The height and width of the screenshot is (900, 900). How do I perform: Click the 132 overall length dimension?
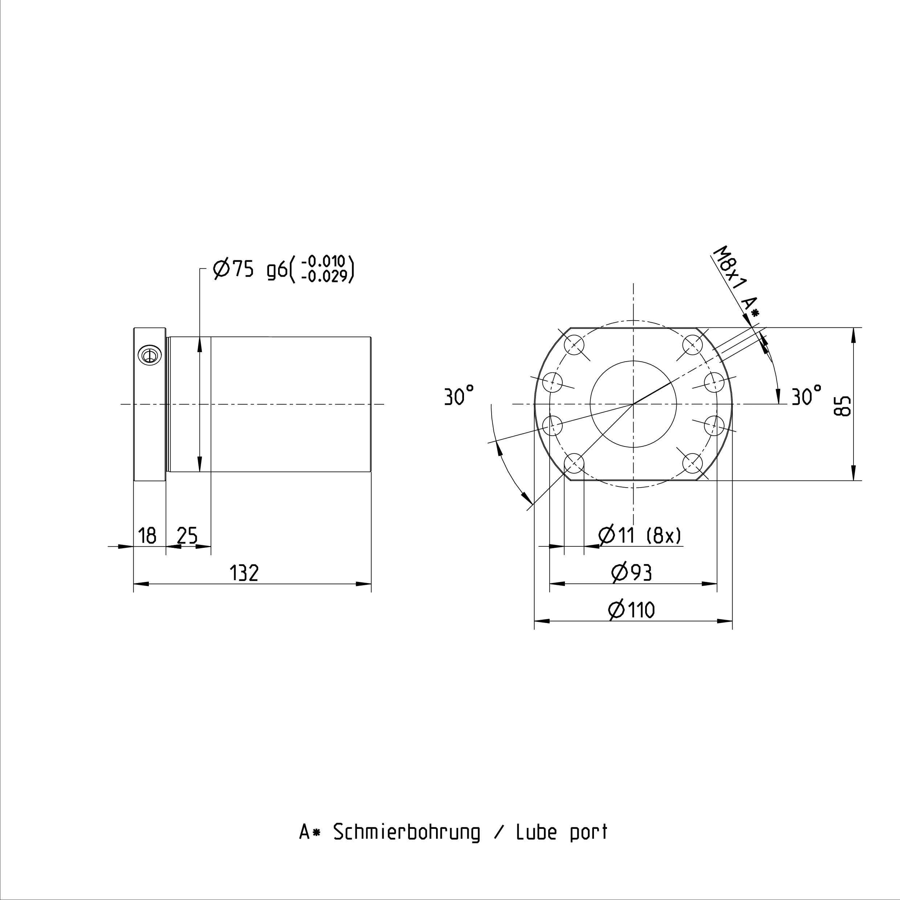[244, 573]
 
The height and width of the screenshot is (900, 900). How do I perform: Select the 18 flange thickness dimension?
[147, 536]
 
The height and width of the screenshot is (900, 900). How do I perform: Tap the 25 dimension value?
[187, 536]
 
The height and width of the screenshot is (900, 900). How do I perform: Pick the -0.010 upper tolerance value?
[324, 262]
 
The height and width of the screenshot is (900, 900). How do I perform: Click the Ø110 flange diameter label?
[632, 610]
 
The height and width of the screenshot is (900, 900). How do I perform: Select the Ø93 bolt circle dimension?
[632, 573]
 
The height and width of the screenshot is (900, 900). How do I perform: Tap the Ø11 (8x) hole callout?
[640, 536]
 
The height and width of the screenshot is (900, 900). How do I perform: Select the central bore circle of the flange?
[633, 404]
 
